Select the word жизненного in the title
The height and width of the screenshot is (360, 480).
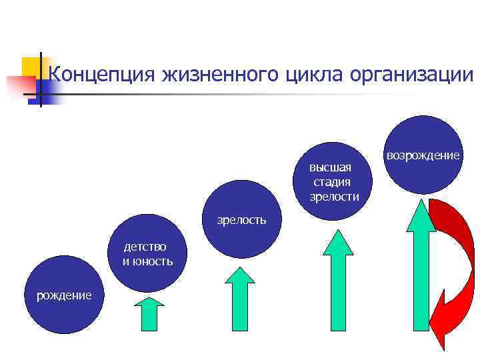tap(217, 74)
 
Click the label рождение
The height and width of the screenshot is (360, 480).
tap(64, 295)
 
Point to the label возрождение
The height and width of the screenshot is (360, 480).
tap(423, 155)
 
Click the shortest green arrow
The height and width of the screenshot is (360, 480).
tap(149, 313)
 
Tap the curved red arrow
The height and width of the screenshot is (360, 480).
tap(453, 267)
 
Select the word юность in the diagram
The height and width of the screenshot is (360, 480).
tap(153, 261)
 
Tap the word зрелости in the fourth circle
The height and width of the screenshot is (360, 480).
tap(334, 196)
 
